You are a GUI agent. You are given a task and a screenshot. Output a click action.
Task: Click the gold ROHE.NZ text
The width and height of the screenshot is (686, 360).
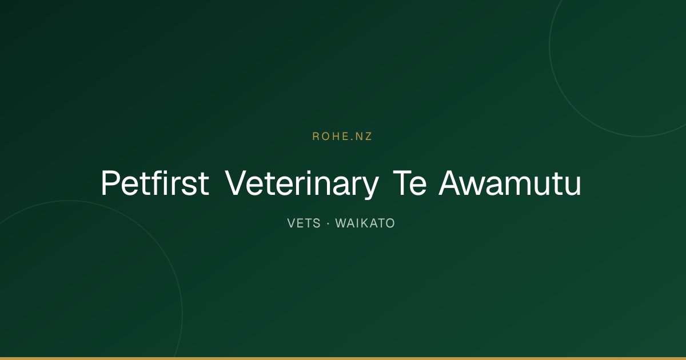pos(342,136)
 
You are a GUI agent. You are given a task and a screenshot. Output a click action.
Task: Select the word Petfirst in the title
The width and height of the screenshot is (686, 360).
pos(155,183)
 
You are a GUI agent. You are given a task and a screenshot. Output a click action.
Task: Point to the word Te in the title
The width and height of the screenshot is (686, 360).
pos(409,183)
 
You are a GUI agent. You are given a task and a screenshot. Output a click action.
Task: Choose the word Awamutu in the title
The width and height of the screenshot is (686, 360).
pos(509,183)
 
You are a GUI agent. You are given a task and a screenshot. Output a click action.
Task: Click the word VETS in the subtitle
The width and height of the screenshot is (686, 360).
pos(304,223)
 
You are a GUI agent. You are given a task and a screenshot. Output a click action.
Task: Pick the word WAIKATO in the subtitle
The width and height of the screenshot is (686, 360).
pos(365,223)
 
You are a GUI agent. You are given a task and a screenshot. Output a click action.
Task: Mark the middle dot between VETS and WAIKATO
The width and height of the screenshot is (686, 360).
pos(328,223)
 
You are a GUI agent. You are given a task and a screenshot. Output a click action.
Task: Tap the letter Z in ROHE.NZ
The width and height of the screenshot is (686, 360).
pos(368,136)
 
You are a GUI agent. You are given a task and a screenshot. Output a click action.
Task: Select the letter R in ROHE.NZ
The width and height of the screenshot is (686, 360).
pos(316,136)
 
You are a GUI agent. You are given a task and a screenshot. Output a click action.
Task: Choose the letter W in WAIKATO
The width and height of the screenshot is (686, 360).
pos(342,223)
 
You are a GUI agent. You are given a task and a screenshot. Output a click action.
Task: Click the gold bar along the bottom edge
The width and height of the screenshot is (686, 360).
pos(343,358)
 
